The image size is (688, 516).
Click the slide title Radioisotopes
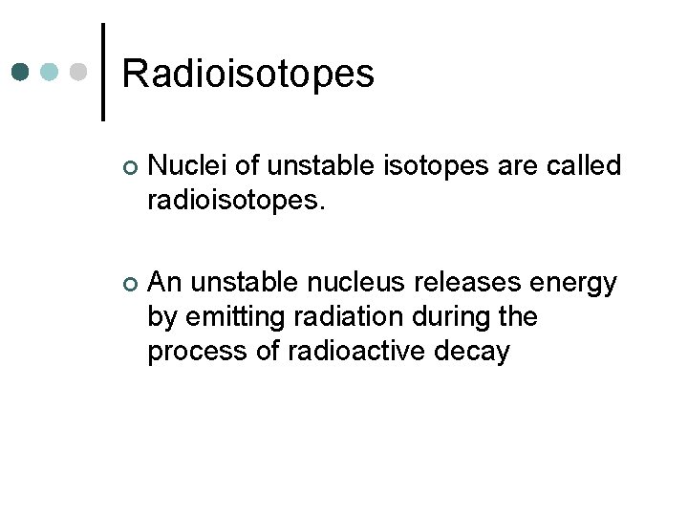point(248,74)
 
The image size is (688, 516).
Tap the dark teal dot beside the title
point(21,73)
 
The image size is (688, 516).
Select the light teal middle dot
point(50,73)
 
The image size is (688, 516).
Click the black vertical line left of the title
point(103,72)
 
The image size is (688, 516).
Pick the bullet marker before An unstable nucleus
point(131,284)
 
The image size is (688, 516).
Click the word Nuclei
point(188,166)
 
